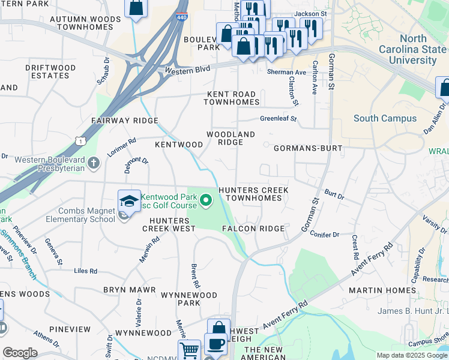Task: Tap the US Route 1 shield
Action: [79, 140]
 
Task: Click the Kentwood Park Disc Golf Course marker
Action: [206, 200]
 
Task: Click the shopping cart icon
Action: [188, 349]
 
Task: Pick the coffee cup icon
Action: [215, 344]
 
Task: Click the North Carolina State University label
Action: [413, 49]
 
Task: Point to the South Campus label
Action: [385, 118]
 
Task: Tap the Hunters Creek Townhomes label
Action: [253, 194]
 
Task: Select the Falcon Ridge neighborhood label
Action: [253, 229]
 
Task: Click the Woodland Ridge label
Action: [231, 138]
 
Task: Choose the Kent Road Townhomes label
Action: [231, 98]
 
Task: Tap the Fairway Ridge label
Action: [124, 121]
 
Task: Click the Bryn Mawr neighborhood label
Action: [129, 290]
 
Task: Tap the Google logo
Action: [20, 353]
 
